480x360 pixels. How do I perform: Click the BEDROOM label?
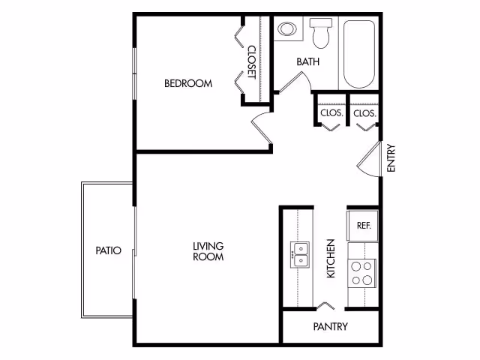pos(188,83)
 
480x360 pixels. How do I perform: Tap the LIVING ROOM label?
pos(208,251)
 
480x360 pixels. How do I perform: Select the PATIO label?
pos(108,250)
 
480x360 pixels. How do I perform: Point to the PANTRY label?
pos(330,327)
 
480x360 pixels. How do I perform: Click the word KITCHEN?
pos(331,259)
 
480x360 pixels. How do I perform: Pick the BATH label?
pos(308,61)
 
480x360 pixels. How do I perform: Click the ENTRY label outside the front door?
pos(391,158)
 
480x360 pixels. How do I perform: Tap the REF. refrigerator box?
pos(363,225)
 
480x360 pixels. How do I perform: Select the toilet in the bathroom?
pos(321,33)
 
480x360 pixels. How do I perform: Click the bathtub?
pos(359,54)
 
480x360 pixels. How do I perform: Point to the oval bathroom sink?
pos(287,29)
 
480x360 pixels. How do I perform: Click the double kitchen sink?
pos(300,255)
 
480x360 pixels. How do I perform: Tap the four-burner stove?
pos(361,273)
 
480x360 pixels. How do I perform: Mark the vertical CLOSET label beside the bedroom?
pos(251,61)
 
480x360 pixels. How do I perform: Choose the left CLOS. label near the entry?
pos(331,113)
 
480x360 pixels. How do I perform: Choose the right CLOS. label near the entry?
pos(364,113)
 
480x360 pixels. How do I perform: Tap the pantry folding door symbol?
pos(325,305)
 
